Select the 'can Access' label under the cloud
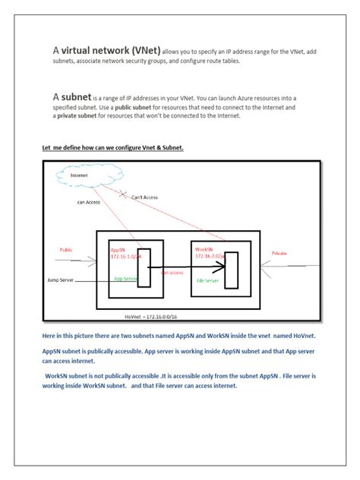(x=88, y=202)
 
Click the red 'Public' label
(x=67, y=249)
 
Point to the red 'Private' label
(x=279, y=253)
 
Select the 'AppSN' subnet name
(x=118, y=248)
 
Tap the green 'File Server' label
(x=207, y=280)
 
